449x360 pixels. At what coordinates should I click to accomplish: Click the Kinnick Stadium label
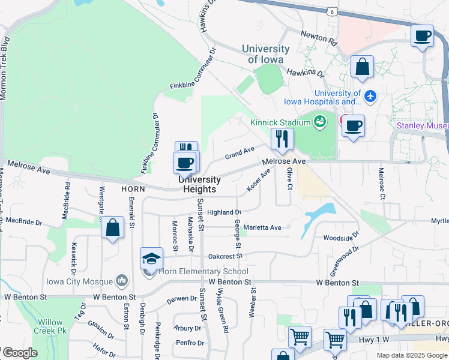click(x=280, y=122)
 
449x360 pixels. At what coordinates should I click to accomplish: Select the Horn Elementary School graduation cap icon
click(x=152, y=259)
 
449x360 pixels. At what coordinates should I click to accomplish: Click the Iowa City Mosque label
click(x=79, y=281)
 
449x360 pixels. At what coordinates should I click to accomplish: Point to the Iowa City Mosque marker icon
click(x=122, y=281)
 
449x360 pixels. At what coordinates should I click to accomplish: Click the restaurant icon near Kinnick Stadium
click(x=281, y=139)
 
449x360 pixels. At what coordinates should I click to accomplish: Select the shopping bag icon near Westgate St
click(x=112, y=227)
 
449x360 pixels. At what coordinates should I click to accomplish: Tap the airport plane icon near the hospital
click(x=370, y=95)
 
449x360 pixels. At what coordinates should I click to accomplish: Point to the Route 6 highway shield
click(x=332, y=11)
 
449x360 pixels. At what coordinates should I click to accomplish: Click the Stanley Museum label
click(x=423, y=125)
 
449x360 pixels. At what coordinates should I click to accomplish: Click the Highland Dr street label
click(x=224, y=212)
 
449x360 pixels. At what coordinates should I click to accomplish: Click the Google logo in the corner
click(x=20, y=353)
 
